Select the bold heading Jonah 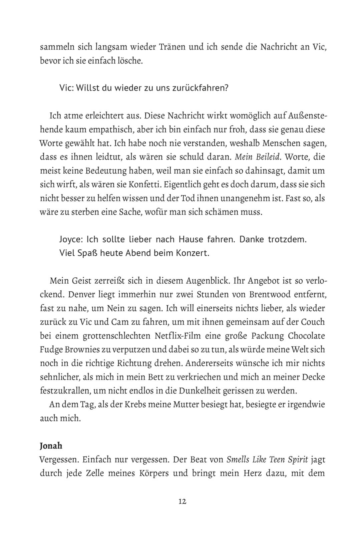[51, 446]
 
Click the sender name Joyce [71, 239]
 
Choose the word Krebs [138, 404]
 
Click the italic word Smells [238, 460]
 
